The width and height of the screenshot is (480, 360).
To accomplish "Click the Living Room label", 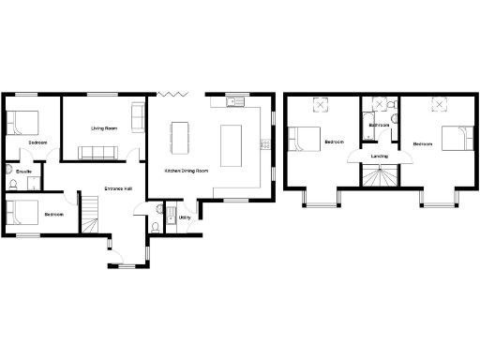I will point(103,127).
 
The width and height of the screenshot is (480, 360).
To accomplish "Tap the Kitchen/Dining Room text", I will point(187,171).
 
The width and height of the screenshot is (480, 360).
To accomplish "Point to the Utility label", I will point(185,217).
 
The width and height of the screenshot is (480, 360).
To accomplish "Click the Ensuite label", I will point(24,172).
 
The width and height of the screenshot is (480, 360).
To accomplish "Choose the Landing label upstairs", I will point(380,156).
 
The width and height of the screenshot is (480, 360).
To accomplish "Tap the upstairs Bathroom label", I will point(380,125).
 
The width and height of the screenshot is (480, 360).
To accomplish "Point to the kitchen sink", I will point(234,101).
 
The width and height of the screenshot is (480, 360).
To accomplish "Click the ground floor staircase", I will point(89,217).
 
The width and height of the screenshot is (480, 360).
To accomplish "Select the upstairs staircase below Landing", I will point(380,176).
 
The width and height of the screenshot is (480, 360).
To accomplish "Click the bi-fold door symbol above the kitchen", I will point(171,93).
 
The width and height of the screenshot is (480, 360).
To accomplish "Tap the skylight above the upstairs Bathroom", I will point(380,104).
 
